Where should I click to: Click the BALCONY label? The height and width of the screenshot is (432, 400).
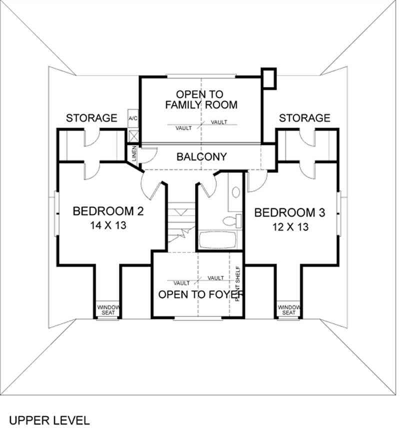coord(201,156)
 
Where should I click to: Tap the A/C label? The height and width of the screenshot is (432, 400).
coord(133,118)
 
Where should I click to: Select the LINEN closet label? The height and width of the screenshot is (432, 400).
coord(133,154)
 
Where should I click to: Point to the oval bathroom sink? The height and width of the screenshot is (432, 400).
coord(235,192)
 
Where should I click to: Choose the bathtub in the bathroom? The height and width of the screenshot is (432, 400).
coord(220,240)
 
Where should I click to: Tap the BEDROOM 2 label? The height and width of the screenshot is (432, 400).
coord(108,211)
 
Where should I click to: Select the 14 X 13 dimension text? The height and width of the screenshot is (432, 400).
coord(108,225)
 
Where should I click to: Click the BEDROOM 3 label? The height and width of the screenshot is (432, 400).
coord(290,213)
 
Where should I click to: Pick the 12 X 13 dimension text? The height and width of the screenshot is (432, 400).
coord(290,226)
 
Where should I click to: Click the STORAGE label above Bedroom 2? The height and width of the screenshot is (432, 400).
coord(92,118)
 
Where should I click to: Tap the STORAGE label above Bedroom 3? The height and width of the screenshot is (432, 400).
coord(304,118)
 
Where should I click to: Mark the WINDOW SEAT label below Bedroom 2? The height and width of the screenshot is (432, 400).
coord(106,310)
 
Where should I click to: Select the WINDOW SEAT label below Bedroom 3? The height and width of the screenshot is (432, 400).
coord(288,310)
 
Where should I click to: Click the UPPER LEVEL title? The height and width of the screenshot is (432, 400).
coord(49,419)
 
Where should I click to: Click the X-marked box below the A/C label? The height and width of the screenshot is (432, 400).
coord(133,135)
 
